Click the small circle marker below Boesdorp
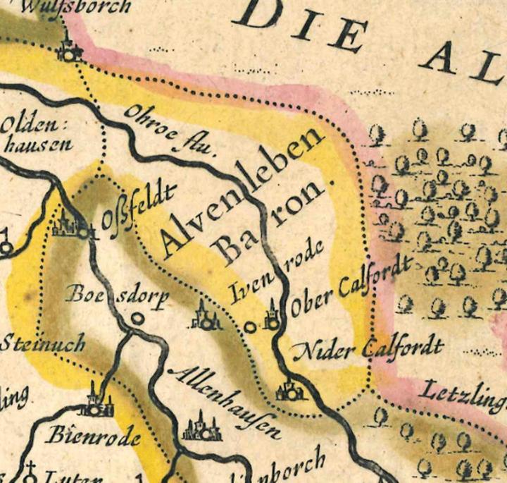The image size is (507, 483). pyautogui.click(x=138, y=319)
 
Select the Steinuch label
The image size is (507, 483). pyautogui.click(x=43, y=345)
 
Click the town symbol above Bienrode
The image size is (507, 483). pyautogui.click(x=96, y=402)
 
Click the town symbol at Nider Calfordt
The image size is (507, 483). pyautogui.click(x=289, y=390)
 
